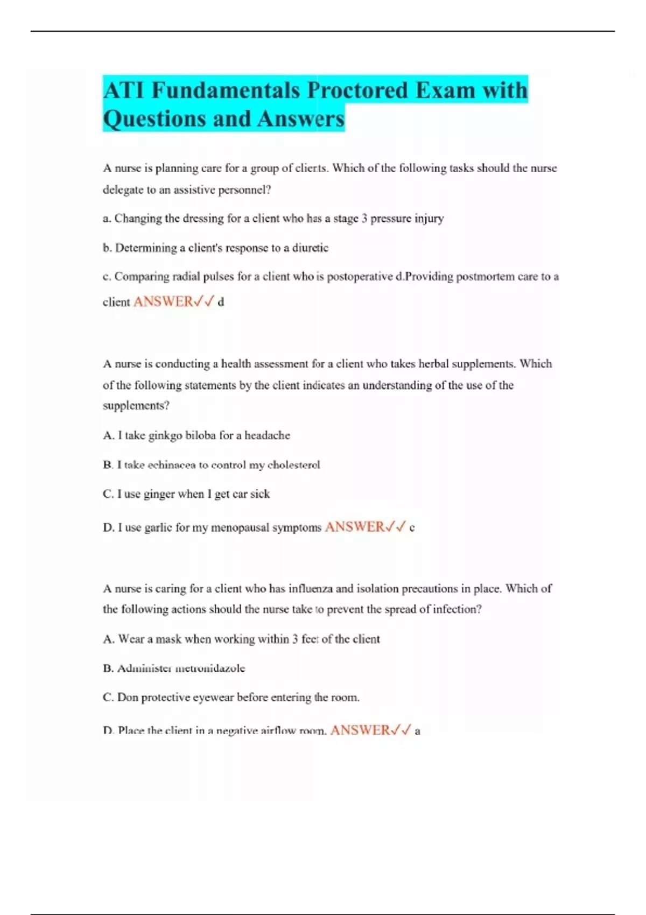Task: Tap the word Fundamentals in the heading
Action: coord(226,90)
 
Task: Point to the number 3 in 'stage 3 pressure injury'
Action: coord(364,219)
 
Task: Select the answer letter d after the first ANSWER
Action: coord(221,302)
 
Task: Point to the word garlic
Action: coord(158,527)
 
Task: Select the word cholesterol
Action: coord(293,465)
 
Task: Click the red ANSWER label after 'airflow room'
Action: coord(360,730)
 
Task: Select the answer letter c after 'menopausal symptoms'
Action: coord(412,528)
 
